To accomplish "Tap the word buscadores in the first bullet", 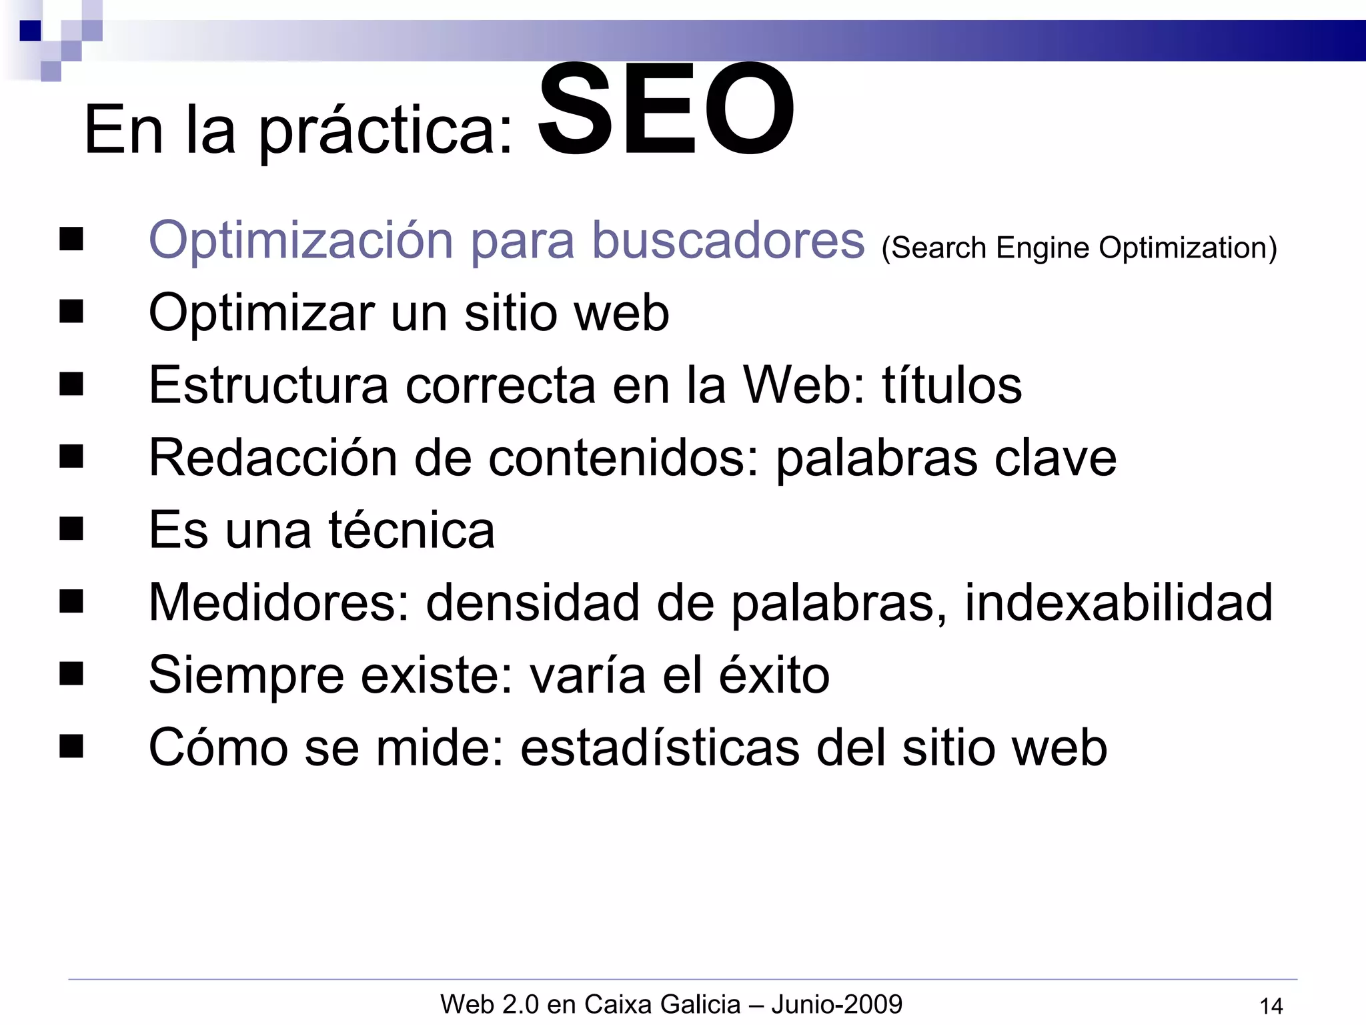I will (728, 240).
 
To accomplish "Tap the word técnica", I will (411, 530).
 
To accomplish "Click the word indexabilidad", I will (1118, 602).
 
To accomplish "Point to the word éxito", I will (774, 675).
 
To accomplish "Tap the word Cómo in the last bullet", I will (218, 747).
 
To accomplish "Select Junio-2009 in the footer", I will (836, 1004).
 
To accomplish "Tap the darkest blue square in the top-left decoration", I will (30, 31).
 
